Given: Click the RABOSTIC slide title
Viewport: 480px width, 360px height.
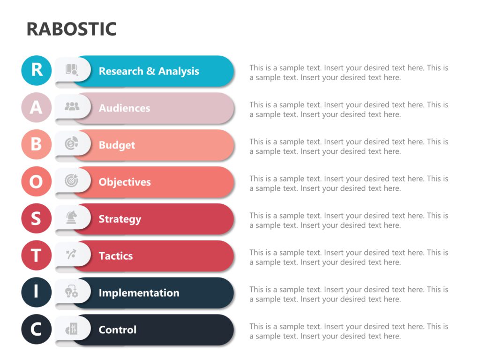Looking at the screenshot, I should [x=71, y=29].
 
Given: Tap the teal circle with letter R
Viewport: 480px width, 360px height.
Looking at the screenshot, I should [x=37, y=70].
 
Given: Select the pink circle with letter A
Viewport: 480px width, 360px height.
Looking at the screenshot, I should [x=37, y=107].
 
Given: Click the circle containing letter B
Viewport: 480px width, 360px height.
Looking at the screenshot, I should [x=37, y=144].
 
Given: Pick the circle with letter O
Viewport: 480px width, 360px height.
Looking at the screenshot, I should [x=37, y=181].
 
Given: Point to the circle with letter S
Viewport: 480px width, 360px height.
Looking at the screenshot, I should [x=37, y=218].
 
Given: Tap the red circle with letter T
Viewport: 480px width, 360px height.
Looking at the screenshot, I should [x=37, y=255].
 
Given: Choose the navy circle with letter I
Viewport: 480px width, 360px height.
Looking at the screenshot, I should [x=37, y=292].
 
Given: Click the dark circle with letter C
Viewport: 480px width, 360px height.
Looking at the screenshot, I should [x=37, y=330].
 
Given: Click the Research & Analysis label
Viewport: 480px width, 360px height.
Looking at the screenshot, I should [x=149, y=71].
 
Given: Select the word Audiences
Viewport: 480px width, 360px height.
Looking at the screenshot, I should [x=124, y=108].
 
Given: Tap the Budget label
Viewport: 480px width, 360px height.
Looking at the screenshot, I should [x=117, y=145].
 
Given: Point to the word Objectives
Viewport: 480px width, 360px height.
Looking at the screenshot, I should [x=125, y=182].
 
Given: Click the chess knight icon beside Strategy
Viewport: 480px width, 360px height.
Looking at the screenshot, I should [x=72, y=217].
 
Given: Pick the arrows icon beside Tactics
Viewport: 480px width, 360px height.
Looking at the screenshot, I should [x=71, y=255].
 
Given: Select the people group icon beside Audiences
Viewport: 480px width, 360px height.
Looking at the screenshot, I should [x=72, y=107].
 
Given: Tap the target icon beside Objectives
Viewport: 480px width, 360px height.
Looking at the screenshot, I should [x=72, y=180].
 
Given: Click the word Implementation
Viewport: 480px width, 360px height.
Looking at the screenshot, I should [x=139, y=293].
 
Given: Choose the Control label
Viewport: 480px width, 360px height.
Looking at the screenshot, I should [x=117, y=330].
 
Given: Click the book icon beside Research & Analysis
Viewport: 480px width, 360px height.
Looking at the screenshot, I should [x=72, y=70].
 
